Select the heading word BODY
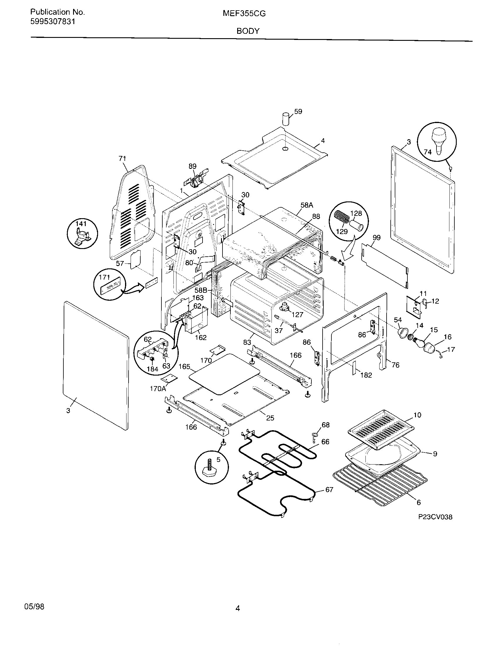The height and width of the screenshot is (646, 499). (248, 31)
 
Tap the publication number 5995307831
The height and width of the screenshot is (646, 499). (53, 22)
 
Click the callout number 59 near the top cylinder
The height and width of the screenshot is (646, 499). (298, 112)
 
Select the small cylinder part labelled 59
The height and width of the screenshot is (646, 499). (285, 119)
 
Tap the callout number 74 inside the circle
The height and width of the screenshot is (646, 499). (427, 152)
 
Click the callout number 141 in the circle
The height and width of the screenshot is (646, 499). (80, 224)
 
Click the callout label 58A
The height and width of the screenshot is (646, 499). (306, 205)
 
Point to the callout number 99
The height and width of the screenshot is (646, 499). (376, 238)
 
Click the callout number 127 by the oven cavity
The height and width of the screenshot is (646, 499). (297, 314)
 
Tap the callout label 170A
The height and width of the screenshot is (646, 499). (158, 388)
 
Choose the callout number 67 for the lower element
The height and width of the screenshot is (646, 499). (329, 490)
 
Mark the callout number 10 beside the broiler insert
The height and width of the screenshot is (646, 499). (417, 415)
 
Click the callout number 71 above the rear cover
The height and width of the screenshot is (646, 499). (122, 159)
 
